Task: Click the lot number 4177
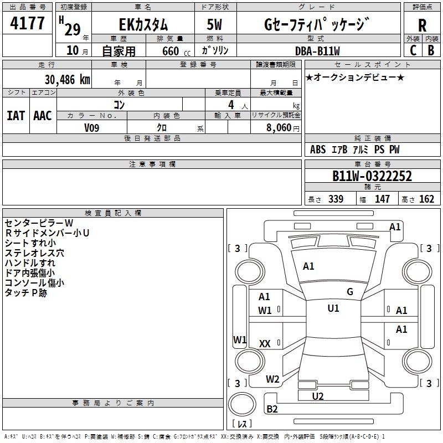(28, 24)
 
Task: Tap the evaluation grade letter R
(422, 25)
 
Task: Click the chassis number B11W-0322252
(372, 176)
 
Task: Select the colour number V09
(92, 127)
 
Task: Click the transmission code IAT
(16, 115)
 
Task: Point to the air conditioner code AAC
(42, 115)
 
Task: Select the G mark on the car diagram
(350, 292)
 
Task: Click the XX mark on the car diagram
(265, 344)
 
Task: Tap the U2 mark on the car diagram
(318, 396)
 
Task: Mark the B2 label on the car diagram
(272, 409)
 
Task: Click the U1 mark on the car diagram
(333, 308)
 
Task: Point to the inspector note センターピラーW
(39, 223)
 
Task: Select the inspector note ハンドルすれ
(30, 263)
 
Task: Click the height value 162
(426, 199)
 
